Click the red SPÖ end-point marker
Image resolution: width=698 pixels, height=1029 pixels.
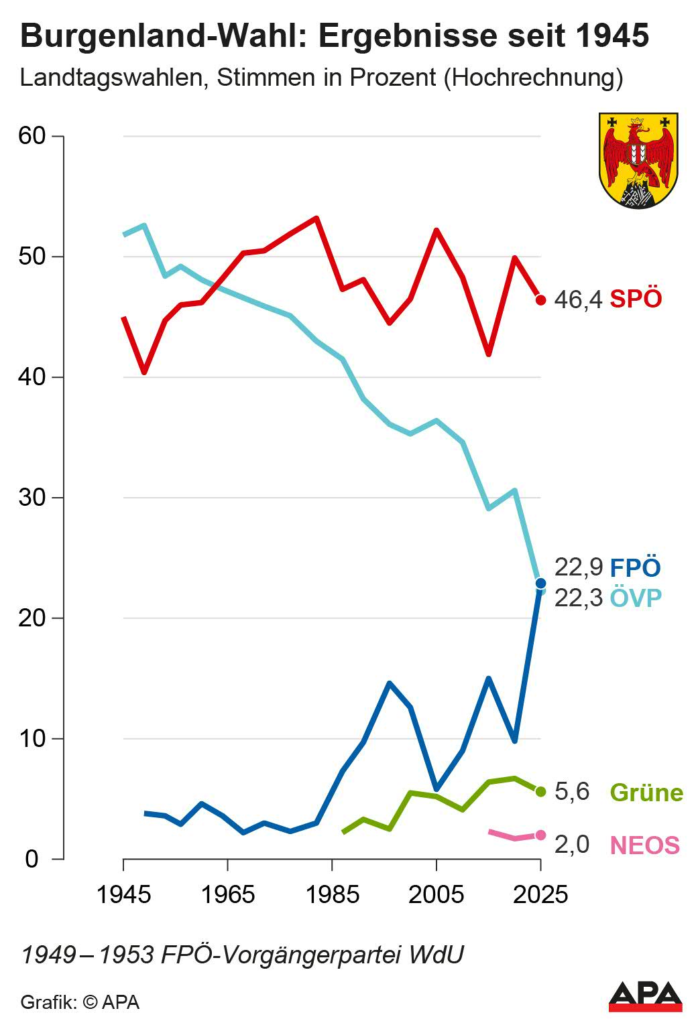tap(540, 299)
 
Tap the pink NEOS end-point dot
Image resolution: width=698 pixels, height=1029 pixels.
tap(540, 835)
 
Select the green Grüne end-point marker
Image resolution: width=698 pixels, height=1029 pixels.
tap(540, 791)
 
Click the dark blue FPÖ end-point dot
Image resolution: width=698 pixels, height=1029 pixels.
tap(540, 583)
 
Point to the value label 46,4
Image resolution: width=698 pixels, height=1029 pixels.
tap(578, 299)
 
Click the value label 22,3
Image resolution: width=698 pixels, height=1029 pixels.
tap(578, 598)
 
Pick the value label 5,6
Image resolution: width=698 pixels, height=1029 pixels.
tap(572, 792)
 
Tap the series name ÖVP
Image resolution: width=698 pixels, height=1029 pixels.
tap(636, 598)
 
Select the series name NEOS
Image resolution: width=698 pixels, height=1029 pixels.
tap(644, 845)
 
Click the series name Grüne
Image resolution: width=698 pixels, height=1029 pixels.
tap(646, 793)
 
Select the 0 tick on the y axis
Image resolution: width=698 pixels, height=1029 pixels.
tap(32, 859)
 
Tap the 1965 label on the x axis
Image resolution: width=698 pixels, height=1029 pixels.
tap(228, 894)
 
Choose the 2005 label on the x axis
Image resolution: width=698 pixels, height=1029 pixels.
tap(437, 894)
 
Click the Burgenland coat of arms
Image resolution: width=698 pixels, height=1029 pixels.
tap(638, 160)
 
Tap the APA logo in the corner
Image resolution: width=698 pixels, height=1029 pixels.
tap(645, 996)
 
